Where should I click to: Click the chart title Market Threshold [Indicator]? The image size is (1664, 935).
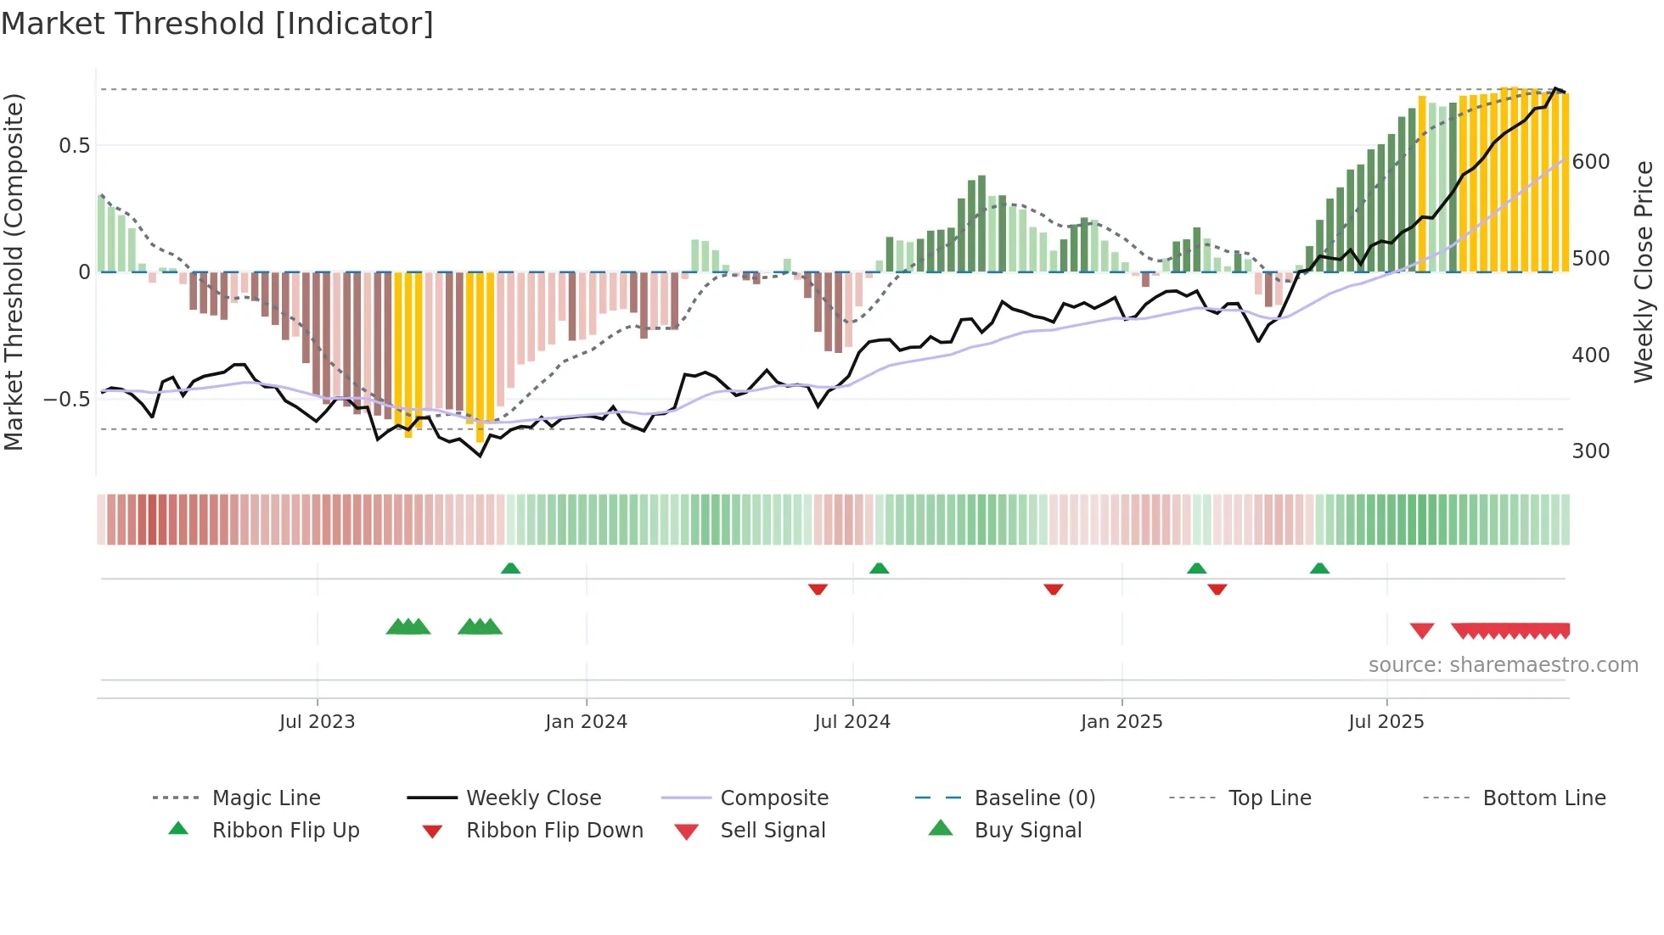click(217, 24)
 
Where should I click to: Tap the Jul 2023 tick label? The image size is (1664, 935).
click(317, 722)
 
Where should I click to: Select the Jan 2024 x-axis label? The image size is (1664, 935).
click(586, 722)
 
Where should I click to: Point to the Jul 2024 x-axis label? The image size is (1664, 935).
click(852, 722)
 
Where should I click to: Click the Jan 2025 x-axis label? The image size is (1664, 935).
click(1122, 722)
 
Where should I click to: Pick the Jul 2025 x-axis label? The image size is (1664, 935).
click(1386, 722)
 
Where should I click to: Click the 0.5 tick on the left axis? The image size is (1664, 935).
click(74, 146)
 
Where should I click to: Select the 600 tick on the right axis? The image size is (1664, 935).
click(1591, 162)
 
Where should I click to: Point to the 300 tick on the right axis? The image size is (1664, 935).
click(1591, 451)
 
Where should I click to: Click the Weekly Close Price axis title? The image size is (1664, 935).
click(1644, 272)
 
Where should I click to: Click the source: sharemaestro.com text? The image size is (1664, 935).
click(1503, 665)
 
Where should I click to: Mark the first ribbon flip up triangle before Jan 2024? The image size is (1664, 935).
click(510, 568)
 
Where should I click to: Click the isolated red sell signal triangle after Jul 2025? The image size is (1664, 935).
click(1422, 630)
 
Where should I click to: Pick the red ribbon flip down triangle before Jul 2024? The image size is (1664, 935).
click(818, 589)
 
